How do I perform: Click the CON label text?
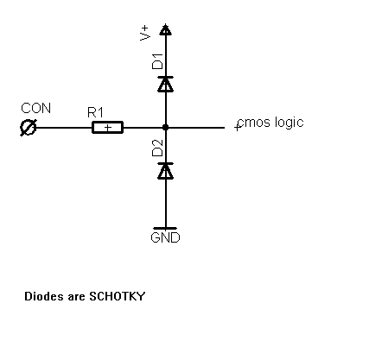pyautogui.click(x=35, y=108)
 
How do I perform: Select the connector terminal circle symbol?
pyautogui.click(x=29, y=128)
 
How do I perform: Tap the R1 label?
pyautogui.click(x=95, y=112)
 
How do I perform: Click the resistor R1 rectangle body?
pyautogui.click(x=107, y=128)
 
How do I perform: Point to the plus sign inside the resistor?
pyautogui.click(x=108, y=128)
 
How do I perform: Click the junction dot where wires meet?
pyautogui.click(x=165, y=127)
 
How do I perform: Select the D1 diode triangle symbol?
pyautogui.click(x=165, y=84)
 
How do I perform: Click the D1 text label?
pyautogui.click(x=157, y=61)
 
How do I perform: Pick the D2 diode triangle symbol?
pyautogui.click(x=165, y=171)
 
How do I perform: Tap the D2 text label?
pyautogui.click(x=157, y=148)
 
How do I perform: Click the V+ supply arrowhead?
pyautogui.click(x=165, y=29)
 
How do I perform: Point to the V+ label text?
pyautogui.click(x=144, y=33)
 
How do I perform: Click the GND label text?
pyautogui.click(x=165, y=237)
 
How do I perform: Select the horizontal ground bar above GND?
pyautogui.click(x=165, y=228)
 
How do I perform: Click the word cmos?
pyautogui.click(x=254, y=123)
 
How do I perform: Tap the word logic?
pyautogui.click(x=289, y=123)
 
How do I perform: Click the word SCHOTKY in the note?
pyautogui.click(x=118, y=296)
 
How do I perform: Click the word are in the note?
pyautogui.click(x=77, y=297)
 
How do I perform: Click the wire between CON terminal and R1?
pyautogui.click(x=65, y=128)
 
